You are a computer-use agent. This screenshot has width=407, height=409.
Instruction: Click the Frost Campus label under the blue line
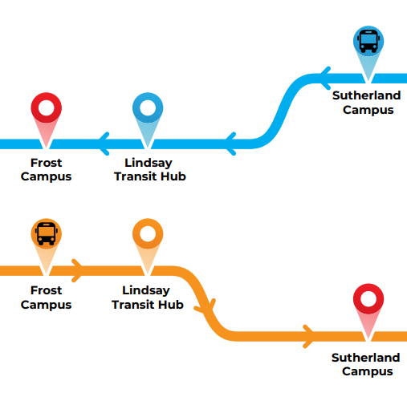tap(46, 169)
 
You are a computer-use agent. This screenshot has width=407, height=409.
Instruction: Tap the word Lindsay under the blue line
tap(149, 163)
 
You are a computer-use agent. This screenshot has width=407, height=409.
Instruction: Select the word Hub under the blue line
tap(175, 176)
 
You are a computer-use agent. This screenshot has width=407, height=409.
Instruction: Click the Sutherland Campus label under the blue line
tap(367, 103)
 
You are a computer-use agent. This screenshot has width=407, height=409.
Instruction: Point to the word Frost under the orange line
tap(46, 290)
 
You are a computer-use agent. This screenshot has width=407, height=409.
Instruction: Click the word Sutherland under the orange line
tap(366, 358)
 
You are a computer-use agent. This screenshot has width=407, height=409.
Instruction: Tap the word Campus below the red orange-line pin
tap(368, 372)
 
